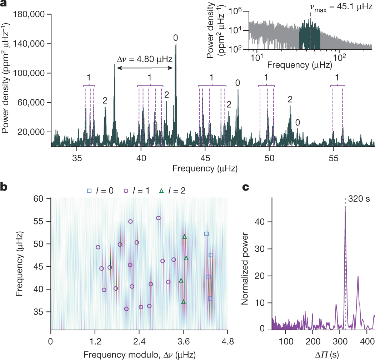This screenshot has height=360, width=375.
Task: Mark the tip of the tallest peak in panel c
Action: (x=345, y=209)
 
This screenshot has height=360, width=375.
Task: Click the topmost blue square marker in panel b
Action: (x=206, y=234)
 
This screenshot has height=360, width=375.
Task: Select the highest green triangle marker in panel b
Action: (x=185, y=237)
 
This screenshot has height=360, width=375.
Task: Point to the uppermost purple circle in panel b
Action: (x=158, y=218)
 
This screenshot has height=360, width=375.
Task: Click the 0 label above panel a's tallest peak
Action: (x=175, y=38)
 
